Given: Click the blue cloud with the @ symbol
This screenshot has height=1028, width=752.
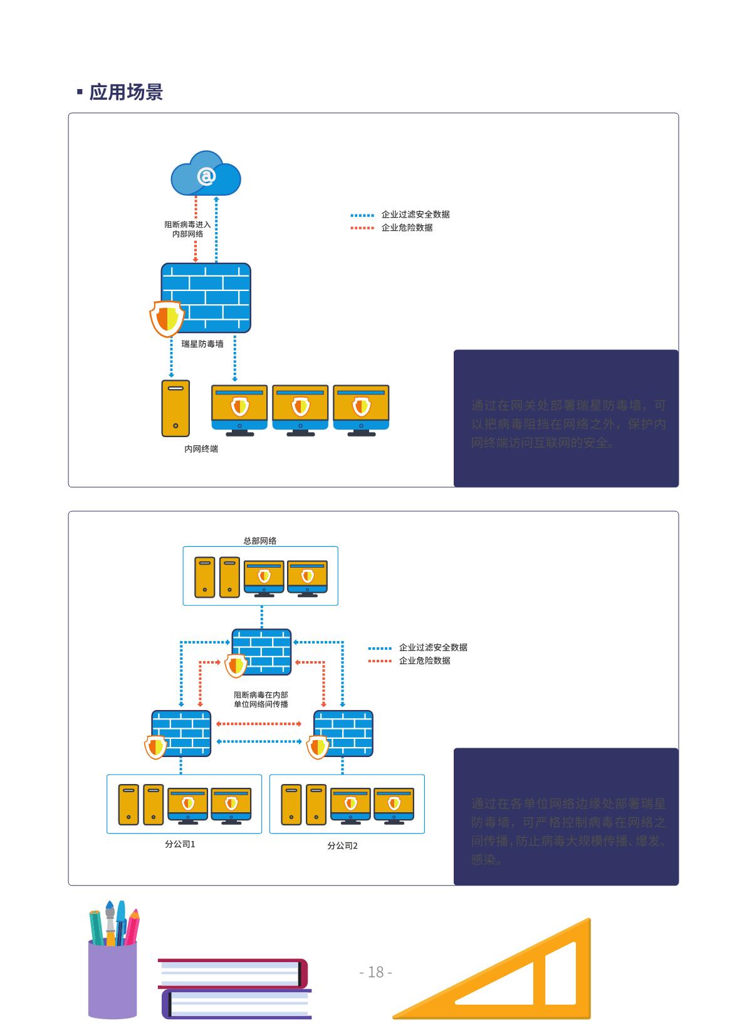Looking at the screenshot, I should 206,174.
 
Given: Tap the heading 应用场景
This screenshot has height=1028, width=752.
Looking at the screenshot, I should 126,92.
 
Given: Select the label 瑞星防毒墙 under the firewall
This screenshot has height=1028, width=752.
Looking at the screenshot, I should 202,344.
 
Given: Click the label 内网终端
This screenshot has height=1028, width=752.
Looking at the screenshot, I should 201,449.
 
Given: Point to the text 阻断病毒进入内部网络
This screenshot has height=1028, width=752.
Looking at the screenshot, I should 188,229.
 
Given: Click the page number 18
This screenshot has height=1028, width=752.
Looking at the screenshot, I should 376,972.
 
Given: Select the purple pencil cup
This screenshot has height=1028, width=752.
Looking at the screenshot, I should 112,978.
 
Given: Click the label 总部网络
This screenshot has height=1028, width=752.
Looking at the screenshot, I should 260,541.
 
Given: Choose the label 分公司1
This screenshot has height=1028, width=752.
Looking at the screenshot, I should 180,844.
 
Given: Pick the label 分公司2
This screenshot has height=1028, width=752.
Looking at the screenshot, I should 342,845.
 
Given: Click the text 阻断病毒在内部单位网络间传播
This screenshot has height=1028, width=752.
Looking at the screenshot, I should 261,699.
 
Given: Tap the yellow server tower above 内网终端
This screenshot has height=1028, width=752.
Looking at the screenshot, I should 175,408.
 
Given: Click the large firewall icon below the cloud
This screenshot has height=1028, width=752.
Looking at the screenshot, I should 206,297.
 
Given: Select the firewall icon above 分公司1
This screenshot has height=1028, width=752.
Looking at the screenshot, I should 181,733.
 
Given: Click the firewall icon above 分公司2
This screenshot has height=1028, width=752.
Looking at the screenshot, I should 343,733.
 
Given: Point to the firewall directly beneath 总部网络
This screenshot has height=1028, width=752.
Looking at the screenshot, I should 262,651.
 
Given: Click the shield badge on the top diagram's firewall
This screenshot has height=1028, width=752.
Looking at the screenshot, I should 167,319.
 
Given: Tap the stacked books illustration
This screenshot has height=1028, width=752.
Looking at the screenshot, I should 235,988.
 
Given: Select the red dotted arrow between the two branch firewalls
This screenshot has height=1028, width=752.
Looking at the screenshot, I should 259,724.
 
